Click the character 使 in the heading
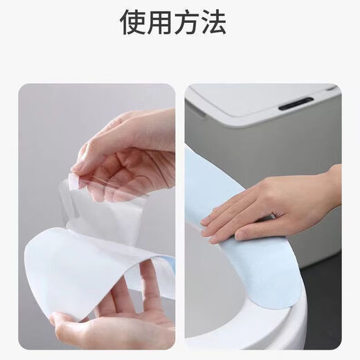[x=134, y=23]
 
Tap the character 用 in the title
[x=165, y=23]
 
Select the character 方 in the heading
[x=196, y=23]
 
